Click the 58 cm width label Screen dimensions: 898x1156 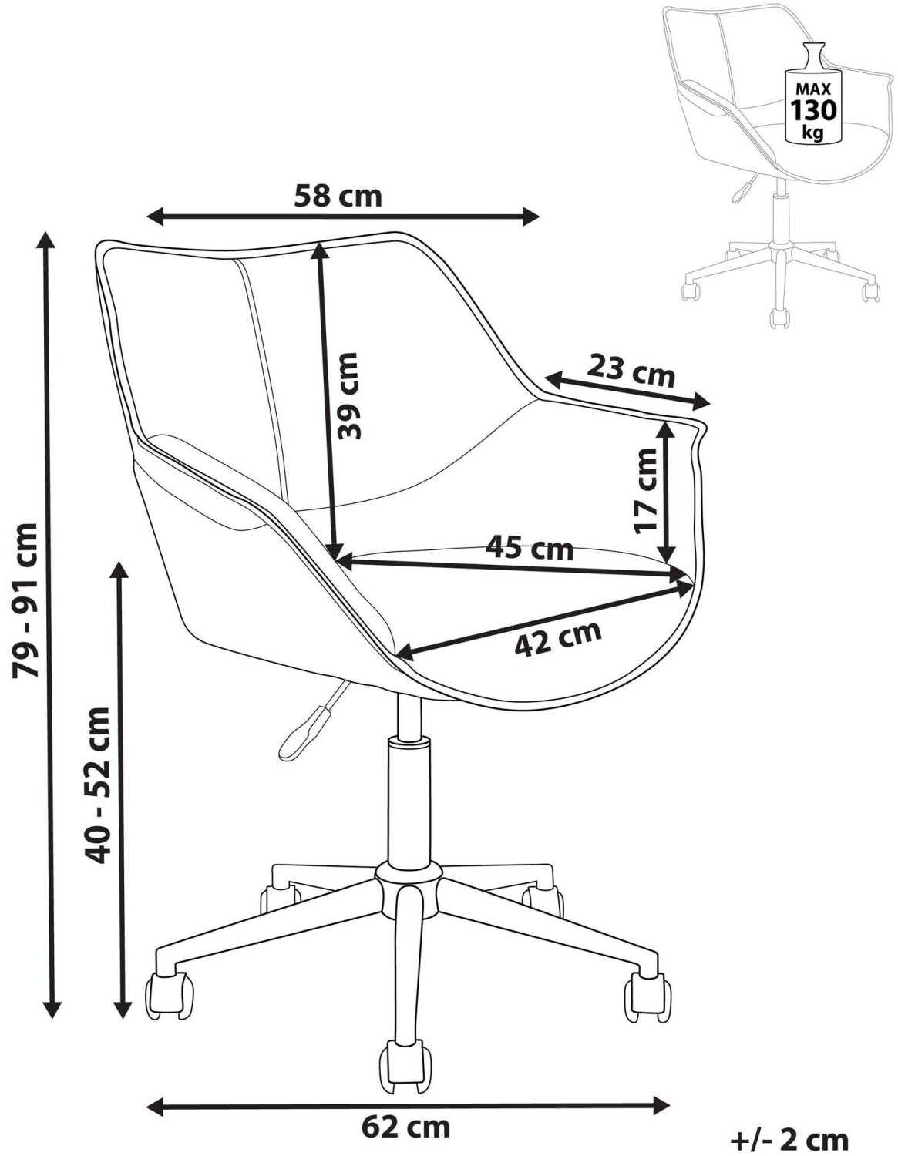[338, 197]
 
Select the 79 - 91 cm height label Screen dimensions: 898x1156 [26, 600]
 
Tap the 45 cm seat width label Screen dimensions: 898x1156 [530, 549]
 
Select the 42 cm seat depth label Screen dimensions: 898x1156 [558, 638]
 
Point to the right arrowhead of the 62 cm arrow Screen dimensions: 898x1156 [660, 1085]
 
